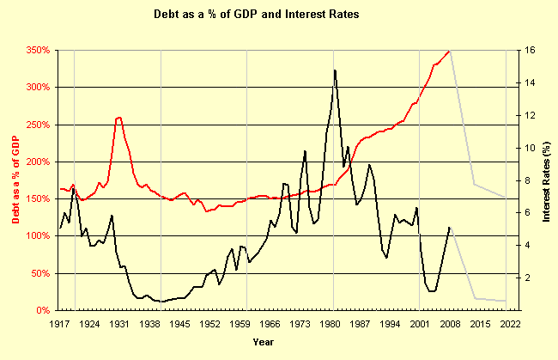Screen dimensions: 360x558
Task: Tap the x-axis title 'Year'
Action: click(x=264, y=343)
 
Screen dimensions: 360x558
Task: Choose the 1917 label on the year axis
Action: click(x=59, y=324)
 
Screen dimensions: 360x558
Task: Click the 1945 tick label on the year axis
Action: click(x=179, y=324)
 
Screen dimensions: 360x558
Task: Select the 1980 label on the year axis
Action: click(x=330, y=324)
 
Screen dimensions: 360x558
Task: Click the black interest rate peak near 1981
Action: click(x=334, y=70)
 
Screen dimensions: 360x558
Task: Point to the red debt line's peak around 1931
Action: click(x=118, y=118)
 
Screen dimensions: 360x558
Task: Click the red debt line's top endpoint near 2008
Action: click(x=450, y=51)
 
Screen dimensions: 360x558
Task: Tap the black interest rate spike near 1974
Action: click(x=305, y=151)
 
